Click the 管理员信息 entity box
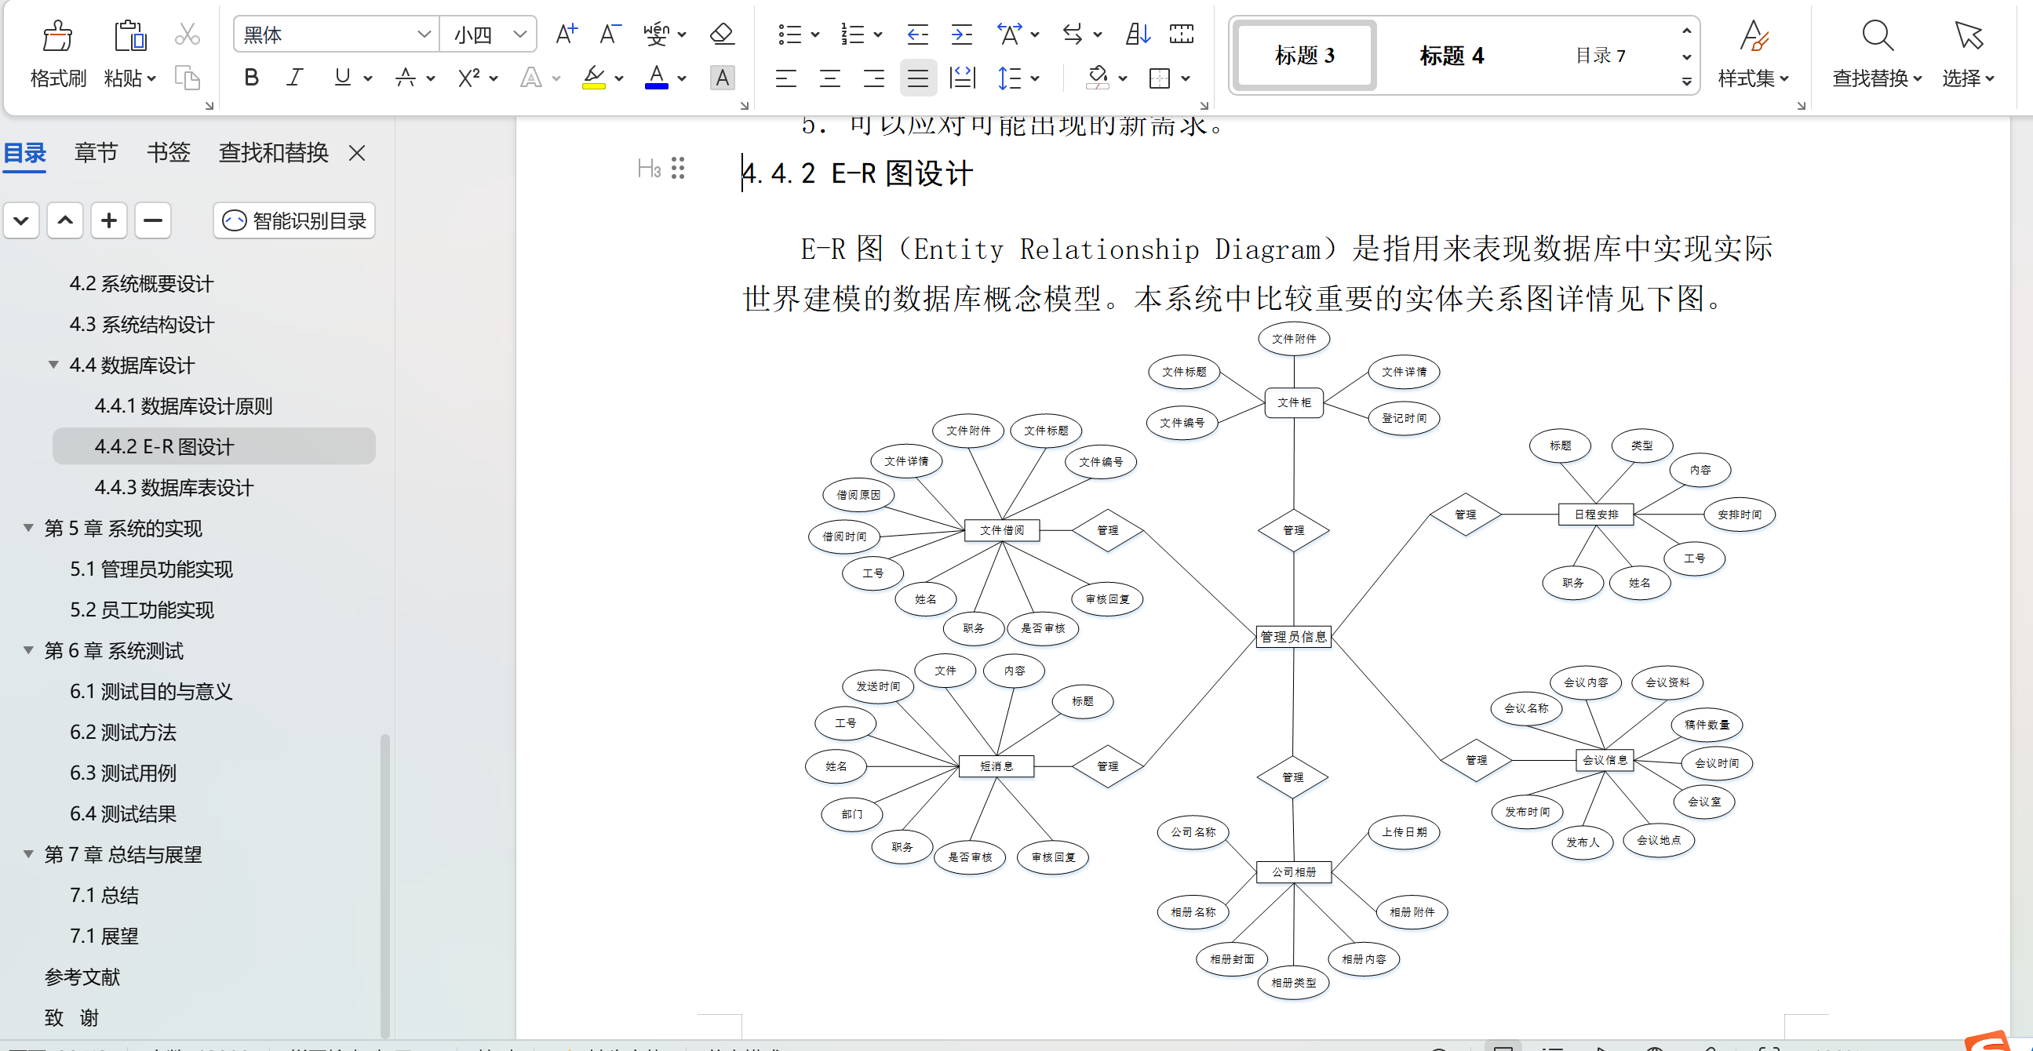[x=1293, y=637]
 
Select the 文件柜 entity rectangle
[x=1294, y=402]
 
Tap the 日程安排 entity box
[x=1596, y=515]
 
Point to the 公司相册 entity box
[x=1293, y=872]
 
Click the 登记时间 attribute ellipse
[x=1403, y=418]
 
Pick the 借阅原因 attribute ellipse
[x=858, y=495]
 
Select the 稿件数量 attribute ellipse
[x=1707, y=725]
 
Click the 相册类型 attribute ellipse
[x=1293, y=982]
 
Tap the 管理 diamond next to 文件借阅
[x=1107, y=530]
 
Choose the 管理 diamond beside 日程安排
[x=1465, y=515]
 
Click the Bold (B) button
[x=251, y=78]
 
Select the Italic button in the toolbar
[x=295, y=78]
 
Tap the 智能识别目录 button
[x=293, y=221]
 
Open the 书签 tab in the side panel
[x=168, y=152]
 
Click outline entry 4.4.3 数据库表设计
[x=173, y=488]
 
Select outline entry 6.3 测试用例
[x=123, y=773]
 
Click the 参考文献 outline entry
[x=82, y=976]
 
